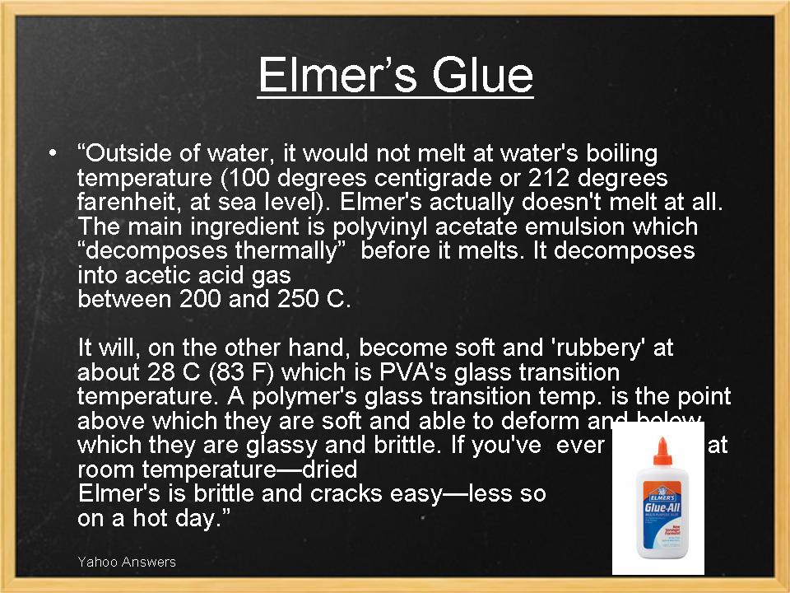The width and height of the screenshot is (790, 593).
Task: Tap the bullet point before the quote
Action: pos(53,153)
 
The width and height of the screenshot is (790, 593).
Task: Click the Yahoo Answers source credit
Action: pos(127,562)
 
